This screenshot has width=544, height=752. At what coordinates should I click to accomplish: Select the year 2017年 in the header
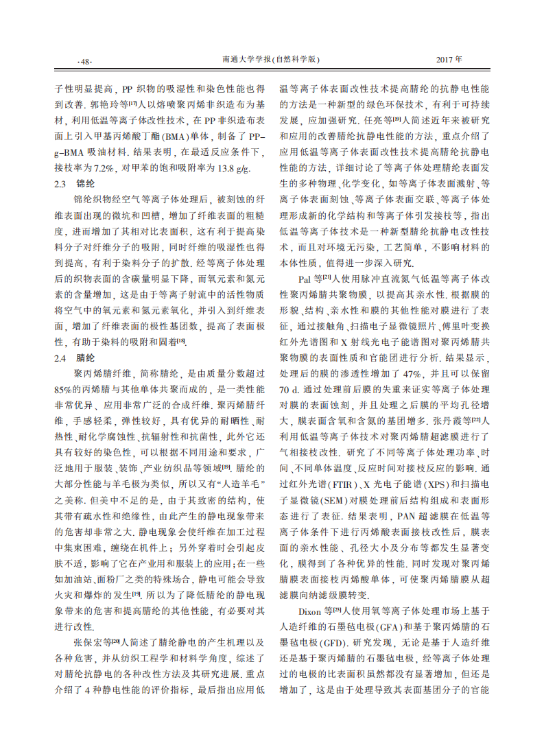(449, 60)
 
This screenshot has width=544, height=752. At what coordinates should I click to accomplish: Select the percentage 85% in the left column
(62, 388)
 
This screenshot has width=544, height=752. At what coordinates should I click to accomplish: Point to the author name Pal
(304, 279)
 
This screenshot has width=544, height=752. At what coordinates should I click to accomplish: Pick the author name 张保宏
(89, 642)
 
